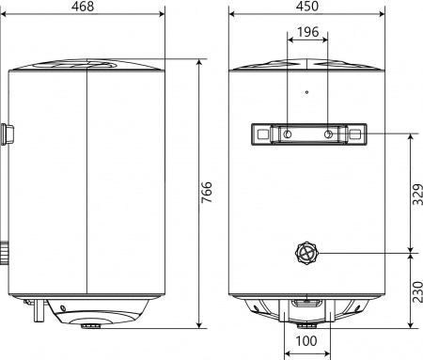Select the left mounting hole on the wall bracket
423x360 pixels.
286,134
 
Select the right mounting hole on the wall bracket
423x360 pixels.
326,134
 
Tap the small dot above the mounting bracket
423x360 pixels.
306,92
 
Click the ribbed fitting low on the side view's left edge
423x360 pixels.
6,252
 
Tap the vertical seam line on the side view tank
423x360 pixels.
86,188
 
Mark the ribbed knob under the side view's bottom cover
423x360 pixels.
92,326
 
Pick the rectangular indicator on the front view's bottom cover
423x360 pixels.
306,303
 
